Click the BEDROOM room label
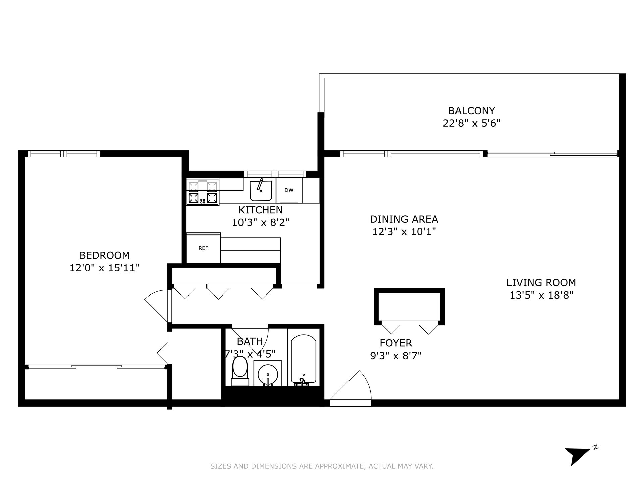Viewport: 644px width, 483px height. click(x=104, y=255)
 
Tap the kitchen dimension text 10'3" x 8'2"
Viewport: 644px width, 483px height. click(x=261, y=222)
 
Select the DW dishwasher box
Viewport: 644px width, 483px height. click(x=289, y=190)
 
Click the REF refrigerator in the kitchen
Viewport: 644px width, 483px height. click(x=203, y=248)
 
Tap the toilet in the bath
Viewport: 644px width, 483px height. click(x=240, y=371)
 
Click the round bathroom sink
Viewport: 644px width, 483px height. click(x=268, y=373)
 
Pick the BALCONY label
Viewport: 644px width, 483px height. click(x=472, y=111)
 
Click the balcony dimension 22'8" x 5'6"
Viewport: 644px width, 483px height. click(x=472, y=123)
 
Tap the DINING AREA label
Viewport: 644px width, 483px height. click(x=404, y=219)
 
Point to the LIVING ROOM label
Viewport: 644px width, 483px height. click(x=541, y=283)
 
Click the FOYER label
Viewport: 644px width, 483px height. click(x=396, y=343)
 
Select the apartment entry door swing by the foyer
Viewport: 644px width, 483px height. click(x=351, y=386)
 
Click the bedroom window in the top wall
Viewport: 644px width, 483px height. click(x=64, y=154)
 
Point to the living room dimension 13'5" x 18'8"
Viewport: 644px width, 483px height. click(x=541, y=295)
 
